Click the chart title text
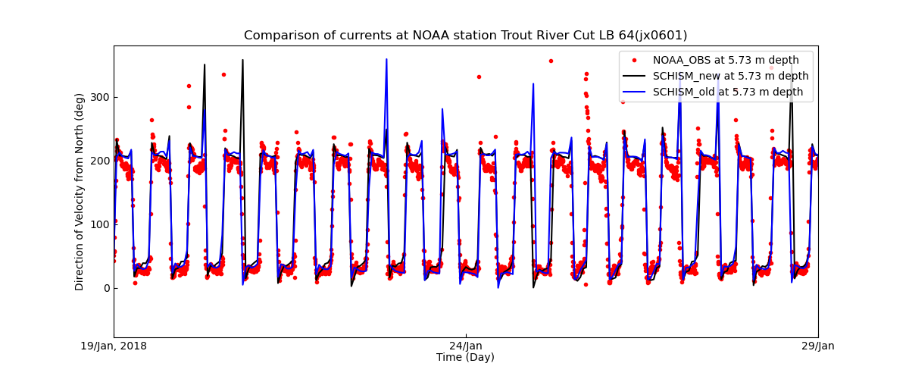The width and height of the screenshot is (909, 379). tap(465, 36)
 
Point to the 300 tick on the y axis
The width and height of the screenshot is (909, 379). tap(99, 97)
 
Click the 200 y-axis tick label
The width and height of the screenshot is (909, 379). tap(99, 161)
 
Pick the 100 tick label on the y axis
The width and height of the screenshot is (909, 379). tap(99, 224)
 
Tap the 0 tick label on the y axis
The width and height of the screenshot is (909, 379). tap(105, 288)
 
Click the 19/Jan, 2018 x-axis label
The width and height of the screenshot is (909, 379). tap(114, 346)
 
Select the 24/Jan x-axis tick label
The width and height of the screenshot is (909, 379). tap(466, 346)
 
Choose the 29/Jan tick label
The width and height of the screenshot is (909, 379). tap(817, 346)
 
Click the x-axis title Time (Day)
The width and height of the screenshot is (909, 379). tap(465, 357)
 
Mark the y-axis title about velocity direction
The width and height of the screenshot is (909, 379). tap(80, 192)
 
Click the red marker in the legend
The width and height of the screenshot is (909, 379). tap(634, 60)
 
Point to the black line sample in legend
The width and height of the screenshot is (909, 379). tap(634, 76)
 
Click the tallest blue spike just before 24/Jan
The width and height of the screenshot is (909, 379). tap(386, 60)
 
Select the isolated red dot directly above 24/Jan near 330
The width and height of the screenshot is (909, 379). tap(479, 77)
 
